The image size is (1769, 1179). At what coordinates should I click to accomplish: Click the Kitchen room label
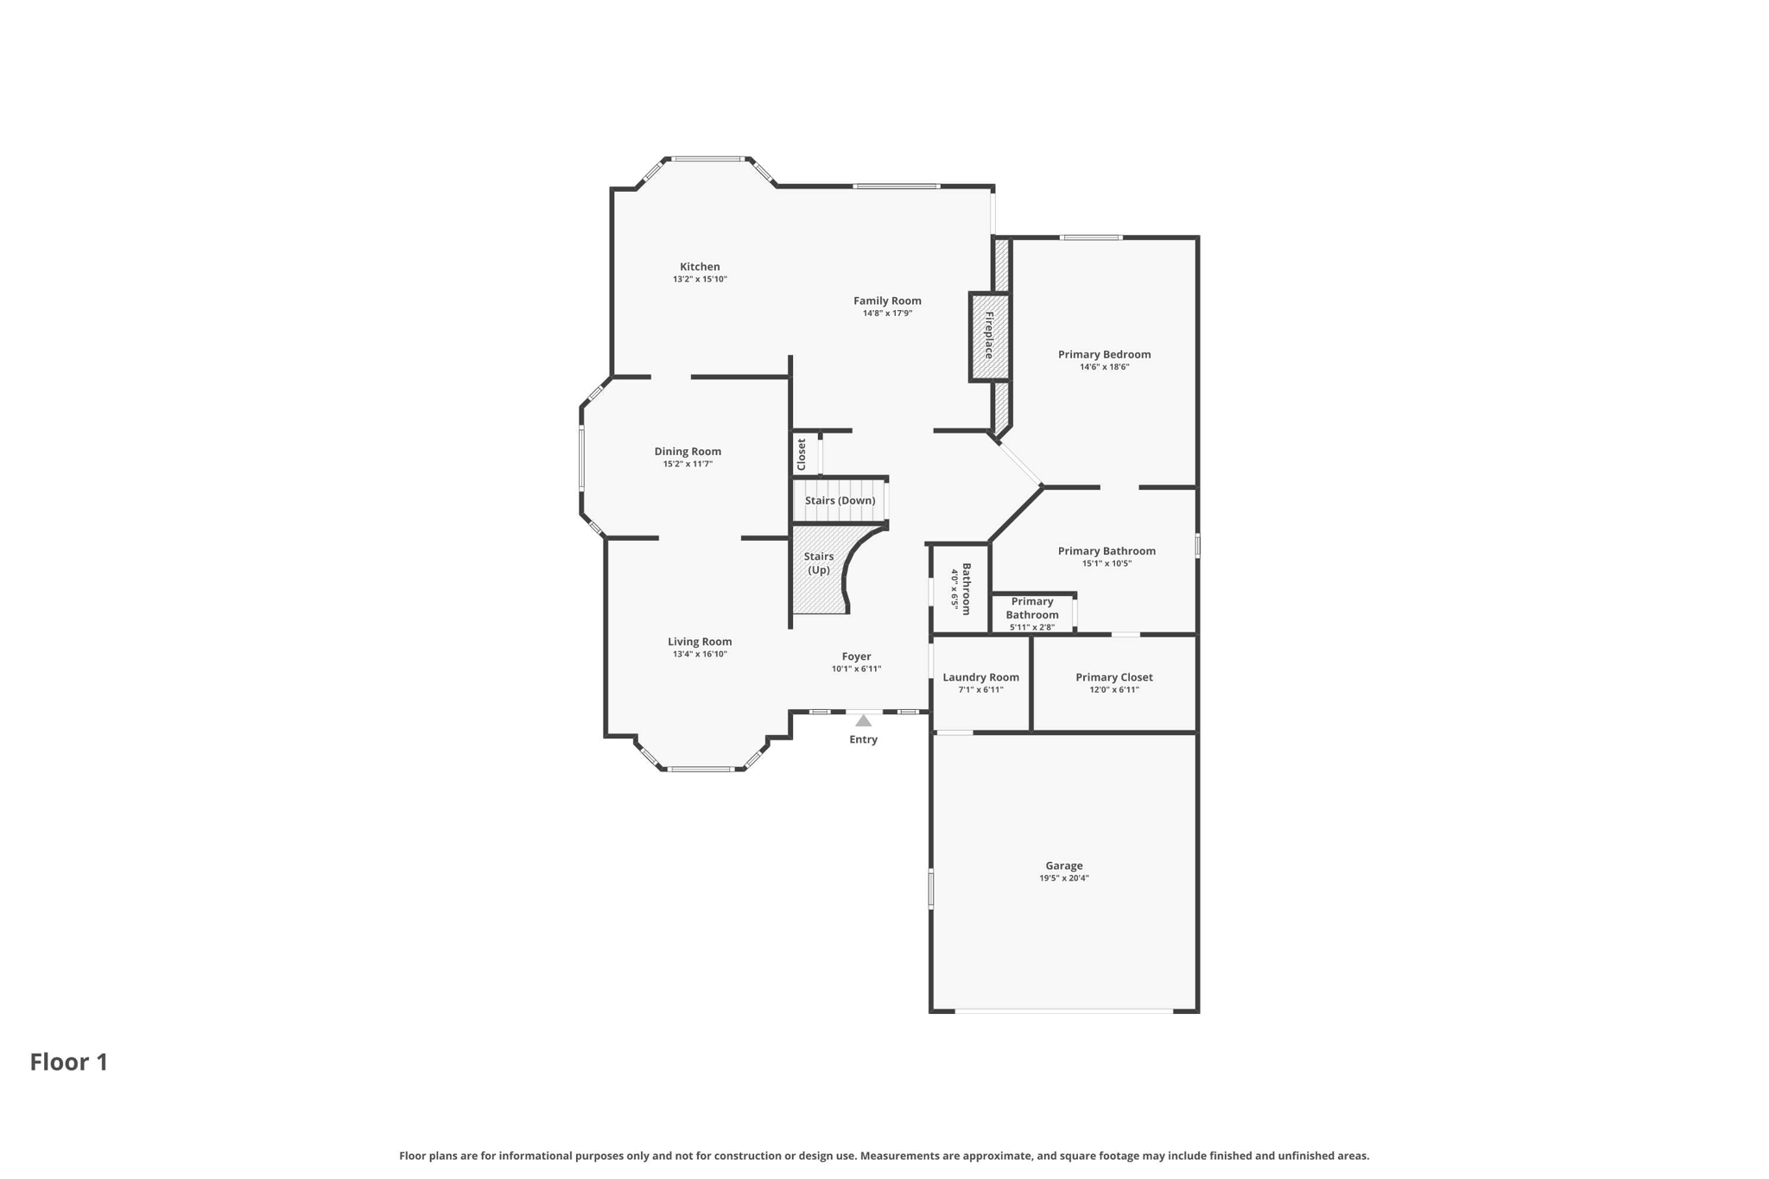click(699, 267)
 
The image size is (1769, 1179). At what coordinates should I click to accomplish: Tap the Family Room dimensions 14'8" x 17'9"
click(887, 314)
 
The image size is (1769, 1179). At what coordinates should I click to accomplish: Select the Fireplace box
click(989, 336)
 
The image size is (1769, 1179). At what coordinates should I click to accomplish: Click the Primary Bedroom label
click(1104, 354)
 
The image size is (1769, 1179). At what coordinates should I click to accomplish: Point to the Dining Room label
click(687, 451)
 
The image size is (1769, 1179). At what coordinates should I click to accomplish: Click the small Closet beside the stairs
click(802, 454)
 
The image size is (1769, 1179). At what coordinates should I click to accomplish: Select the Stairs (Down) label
click(840, 500)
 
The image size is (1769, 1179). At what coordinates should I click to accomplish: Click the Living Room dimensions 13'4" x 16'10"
click(700, 655)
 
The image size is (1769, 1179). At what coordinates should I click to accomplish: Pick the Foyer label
click(856, 656)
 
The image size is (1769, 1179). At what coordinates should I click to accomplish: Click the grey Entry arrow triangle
click(863, 720)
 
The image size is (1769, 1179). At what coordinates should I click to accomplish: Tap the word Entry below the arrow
click(863, 739)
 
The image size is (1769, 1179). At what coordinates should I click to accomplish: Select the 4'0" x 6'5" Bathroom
click(961, 588)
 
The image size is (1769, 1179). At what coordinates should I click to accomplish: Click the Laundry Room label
click(980, 677)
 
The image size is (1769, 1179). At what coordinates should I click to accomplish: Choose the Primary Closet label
click(1113, 677)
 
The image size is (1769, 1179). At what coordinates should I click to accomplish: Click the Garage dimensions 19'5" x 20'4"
click(1063, 878)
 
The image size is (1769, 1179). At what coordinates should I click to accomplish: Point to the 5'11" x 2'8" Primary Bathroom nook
click(1031, 613)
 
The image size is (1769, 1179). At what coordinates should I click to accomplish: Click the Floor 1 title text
click(69, 1062)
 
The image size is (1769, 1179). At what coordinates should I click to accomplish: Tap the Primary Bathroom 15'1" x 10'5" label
click(1106, 551)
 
